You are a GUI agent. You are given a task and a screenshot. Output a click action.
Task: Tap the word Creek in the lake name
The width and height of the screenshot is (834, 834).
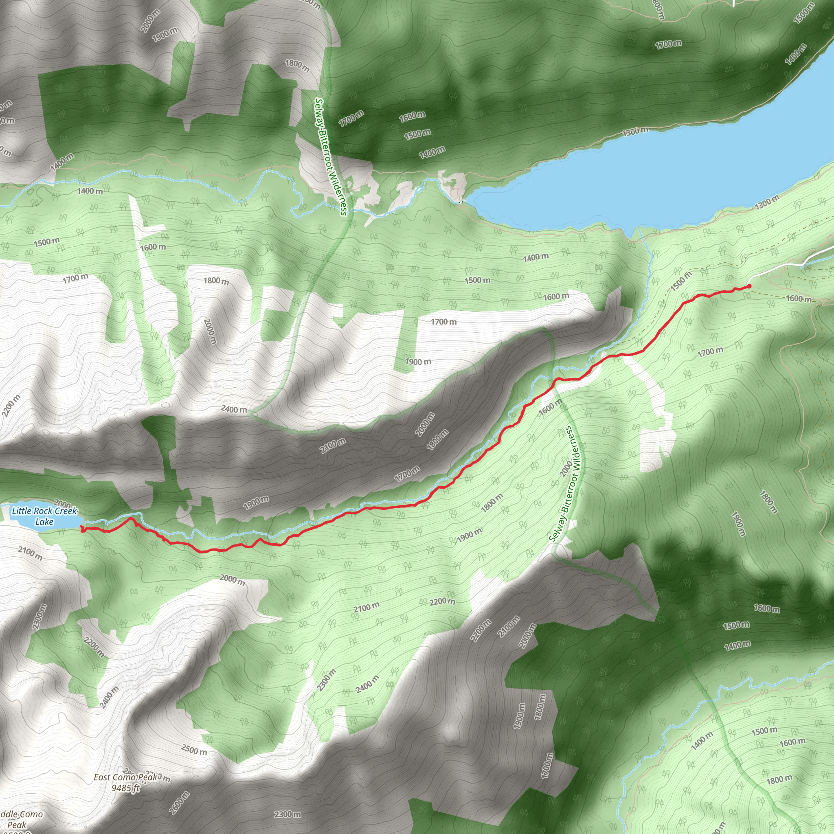pos(66,511)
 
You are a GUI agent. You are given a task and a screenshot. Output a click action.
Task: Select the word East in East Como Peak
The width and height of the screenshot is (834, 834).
pos(102,777)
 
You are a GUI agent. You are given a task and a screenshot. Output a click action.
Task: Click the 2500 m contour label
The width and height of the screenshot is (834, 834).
pos(194,750)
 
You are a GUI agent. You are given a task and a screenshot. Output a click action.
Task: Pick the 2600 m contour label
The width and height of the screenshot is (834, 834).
pos(179,803)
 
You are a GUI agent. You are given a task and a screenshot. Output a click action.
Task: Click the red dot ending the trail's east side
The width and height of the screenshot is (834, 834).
pos(749,286)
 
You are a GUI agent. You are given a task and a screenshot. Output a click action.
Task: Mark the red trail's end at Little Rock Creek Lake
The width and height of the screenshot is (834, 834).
pos(82,529)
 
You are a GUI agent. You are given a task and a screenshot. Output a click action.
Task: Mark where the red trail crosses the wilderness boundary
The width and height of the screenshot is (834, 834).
pos(555,380)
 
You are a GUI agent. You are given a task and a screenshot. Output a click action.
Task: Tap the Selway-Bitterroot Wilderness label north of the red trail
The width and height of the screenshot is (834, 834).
pos(331,156)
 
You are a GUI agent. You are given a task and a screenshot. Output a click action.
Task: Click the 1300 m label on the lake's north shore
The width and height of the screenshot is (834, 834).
pos(635,131)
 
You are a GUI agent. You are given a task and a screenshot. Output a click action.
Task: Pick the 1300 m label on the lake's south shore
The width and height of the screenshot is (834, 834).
pos(767,202)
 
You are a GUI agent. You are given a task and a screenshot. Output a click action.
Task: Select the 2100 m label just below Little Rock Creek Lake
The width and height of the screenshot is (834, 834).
pos(30,553)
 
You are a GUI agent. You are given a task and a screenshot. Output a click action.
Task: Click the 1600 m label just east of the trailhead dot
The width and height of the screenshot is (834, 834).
pos(799,299)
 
